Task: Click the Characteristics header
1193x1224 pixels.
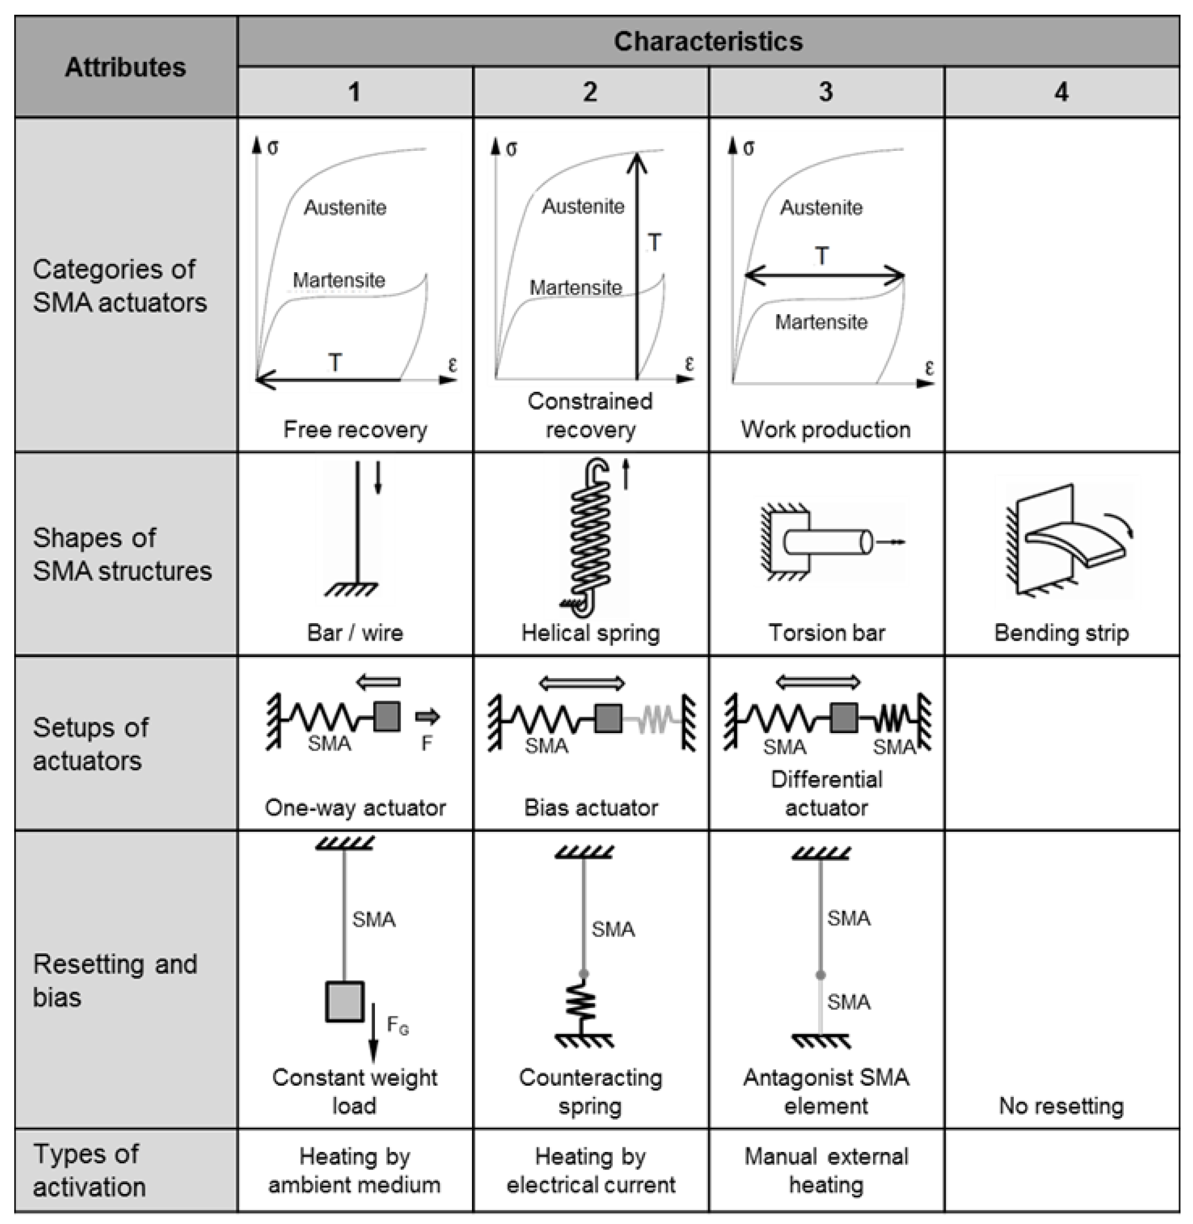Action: click(707, 41)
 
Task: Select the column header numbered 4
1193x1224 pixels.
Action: click(1061, 92)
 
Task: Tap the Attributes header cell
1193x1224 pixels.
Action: click(125, 67)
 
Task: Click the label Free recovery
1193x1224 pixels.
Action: click(355, 430)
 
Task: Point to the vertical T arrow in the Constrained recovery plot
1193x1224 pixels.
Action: click(637, 263)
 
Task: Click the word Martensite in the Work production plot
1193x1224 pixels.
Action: click(821, 322)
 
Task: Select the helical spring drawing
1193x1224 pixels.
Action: click(589, 539)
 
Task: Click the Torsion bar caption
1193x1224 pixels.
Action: click(826, 632)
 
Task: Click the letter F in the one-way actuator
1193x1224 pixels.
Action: click(427, 743)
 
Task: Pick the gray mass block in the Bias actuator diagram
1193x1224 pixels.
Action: click(608, 718)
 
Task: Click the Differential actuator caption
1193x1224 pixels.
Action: click(826, 793)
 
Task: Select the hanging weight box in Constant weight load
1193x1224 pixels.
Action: click(344, 1001)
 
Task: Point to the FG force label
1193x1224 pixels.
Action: click(397, 1025)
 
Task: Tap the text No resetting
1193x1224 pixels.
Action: click(1061, 1106)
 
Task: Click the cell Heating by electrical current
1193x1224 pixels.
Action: click(590, 1170)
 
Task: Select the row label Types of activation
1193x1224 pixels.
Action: click(89, 1170)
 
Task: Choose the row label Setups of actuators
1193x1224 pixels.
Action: click(90, 744)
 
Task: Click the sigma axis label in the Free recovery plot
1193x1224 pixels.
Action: click(272, 148)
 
